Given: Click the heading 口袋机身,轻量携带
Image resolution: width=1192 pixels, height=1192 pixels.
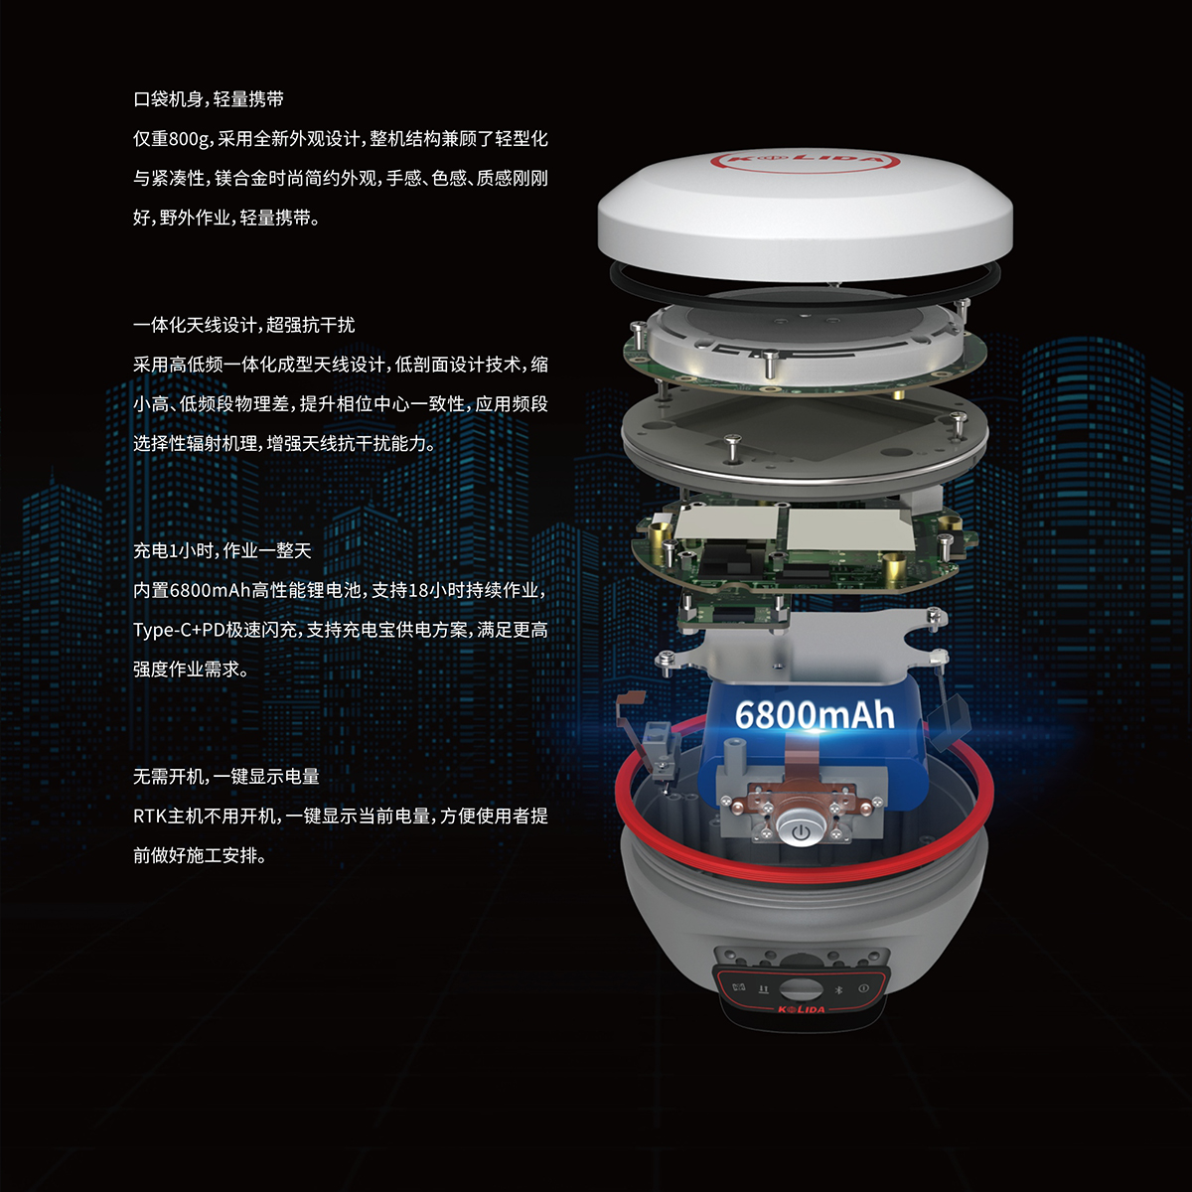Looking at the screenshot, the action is (209, 99).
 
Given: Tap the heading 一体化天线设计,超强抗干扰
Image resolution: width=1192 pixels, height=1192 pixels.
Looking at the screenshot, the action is (244, 325).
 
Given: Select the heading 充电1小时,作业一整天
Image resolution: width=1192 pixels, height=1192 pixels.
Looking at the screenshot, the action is (223, 550).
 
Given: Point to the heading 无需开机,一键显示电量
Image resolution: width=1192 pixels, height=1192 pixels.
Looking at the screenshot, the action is (226, 777).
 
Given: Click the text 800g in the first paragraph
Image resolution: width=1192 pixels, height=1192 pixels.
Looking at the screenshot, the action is (190, 140).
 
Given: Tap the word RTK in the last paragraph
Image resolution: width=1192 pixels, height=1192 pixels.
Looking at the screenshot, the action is (150, 817).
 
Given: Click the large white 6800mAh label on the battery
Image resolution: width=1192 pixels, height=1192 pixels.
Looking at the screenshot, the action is (815, 715).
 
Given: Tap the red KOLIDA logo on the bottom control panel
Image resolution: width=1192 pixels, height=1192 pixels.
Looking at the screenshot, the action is (801, 1010).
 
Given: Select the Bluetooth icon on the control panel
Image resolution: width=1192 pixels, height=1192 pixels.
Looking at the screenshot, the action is (838, 989).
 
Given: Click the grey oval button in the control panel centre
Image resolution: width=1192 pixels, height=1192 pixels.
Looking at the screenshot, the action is (801, 989).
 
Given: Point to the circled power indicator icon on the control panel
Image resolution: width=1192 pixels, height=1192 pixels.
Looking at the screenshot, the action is (863, 988).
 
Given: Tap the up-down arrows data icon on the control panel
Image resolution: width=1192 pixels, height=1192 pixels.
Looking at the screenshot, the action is (763, 989).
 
